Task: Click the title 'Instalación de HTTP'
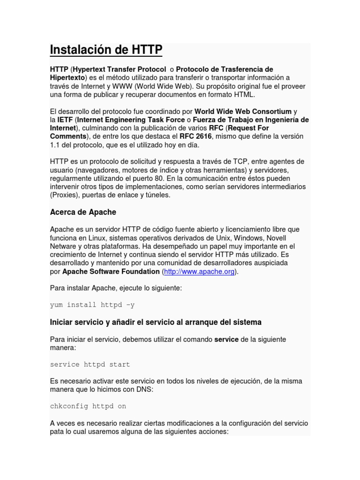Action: tap(106, 50)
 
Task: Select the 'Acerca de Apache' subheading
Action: tap(83, 212)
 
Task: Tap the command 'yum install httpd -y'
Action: tap(92, 305)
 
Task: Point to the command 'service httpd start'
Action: tap(90, 364)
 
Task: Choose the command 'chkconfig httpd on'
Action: tap(88, 406)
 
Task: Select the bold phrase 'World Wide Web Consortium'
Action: tap(243, 112)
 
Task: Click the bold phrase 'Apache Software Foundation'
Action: tap(111, 271)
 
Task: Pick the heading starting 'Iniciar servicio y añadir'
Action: tap(156, 322)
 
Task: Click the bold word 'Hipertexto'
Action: tap(67, 77)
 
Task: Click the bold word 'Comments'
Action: tap(68, 136)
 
